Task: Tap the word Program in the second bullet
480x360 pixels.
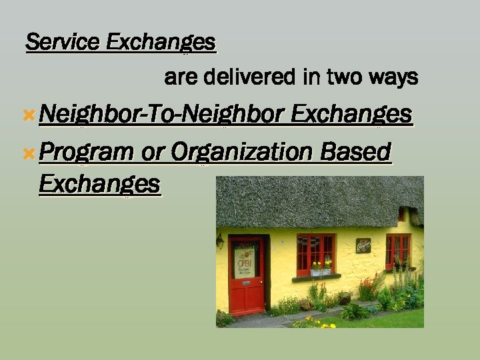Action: coord(86,153)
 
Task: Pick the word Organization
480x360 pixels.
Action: coord(241,153)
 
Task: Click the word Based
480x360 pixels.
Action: coord(355,153)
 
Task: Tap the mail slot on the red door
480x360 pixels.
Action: coord(247,283)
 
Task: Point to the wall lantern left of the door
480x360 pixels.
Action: coord(220,241)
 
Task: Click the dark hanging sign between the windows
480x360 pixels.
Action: coord(363,245)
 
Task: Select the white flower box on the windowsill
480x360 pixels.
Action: coord(321,272)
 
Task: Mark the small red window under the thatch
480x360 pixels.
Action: coord(401,215)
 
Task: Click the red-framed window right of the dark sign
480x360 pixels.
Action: coord(398,251)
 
